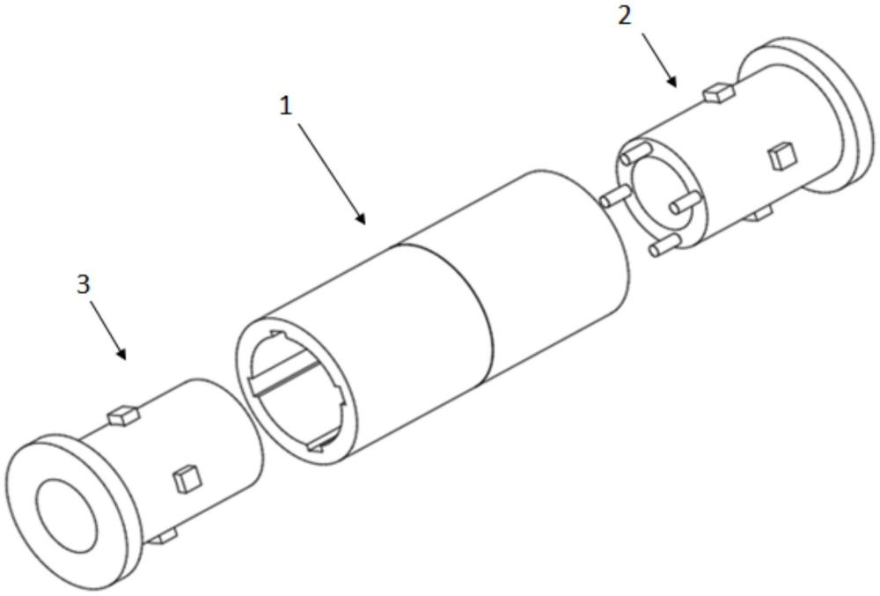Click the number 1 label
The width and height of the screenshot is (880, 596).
pyautogui.click(x=284, y=106)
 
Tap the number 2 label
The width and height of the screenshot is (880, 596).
pyautogui.click(x=624, y=16)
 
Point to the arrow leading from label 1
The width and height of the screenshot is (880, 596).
pyautogui.click(x=332, y=173)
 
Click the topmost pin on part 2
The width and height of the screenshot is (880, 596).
pyautogui.click(x=630, y=157)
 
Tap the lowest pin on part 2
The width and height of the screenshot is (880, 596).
pyautogui.click(x=664, y=246)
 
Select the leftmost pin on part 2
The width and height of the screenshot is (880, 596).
pyautogui.click(x=612, y=196)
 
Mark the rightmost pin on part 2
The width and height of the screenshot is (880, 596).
pyautogui.click(x=683, y=204)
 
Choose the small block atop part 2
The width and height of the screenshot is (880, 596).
pyautogui.click(x=721, y=91)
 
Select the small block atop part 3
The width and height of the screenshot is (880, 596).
pyautogui.click(x=124, y=413)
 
